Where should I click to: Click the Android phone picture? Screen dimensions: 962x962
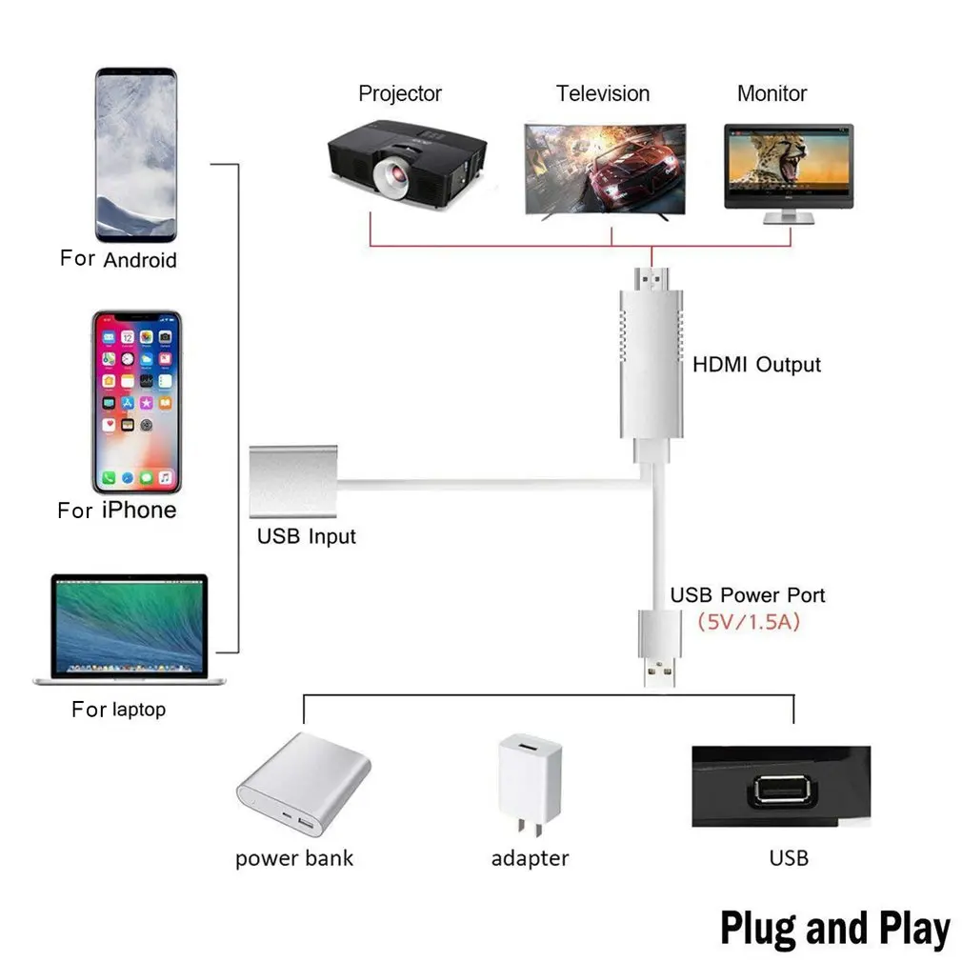[136, 154]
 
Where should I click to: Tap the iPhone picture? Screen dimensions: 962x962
[136, 400]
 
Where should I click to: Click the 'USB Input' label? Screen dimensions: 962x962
[306, 536]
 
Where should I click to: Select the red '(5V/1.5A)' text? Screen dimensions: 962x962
[748, 624]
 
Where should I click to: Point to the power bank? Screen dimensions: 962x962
[302, 785]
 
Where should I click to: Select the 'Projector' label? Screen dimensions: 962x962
[400, 93]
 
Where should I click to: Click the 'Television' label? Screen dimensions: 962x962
[603, 93]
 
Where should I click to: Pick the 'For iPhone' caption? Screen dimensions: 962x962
[117, 511]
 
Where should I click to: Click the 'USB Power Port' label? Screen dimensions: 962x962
[747, 595]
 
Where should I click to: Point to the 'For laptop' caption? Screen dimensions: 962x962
[118, 710]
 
